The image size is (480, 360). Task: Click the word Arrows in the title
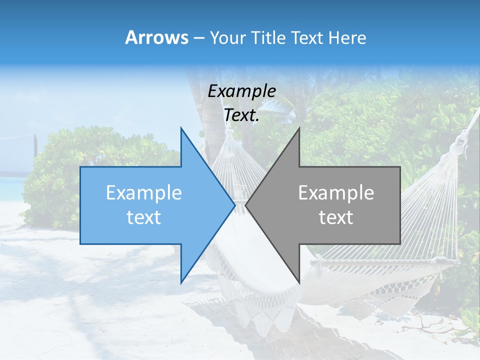pyautogui.click(x=156, y=37)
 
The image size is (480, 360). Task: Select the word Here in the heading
pyautogui.click(x=347, y=38)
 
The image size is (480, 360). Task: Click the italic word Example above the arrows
pyautogui.click(x=241, y=91)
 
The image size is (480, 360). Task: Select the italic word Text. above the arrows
pyautogui.click(x=241, y=115)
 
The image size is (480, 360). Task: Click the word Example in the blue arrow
pyautogui.click(x=143, y=193)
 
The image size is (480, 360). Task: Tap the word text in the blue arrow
pyautogui.click(x=143, y=217)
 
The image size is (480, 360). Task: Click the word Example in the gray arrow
pyautogui.click(x=336, y=193)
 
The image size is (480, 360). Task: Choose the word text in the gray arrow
pyautogui.click(x=336, y=217)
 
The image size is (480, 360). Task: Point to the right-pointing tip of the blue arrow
pyautogui.click(x=234, y=205)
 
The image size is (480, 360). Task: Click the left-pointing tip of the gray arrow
pyautogui.click(x=246, y=205)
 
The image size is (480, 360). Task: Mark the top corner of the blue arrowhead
pyautogui.click(x=181, y=128)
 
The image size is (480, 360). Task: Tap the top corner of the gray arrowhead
pyautogui.click(x=299, y=128)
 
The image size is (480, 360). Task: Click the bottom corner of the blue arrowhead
pyautogui.click(x=181, y=282)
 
